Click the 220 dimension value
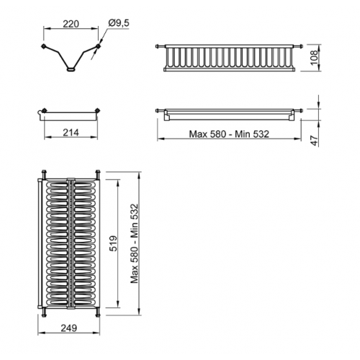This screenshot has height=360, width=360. pos(71,24)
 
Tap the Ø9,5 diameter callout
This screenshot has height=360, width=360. pos(119,23)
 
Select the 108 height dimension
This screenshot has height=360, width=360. pos(314,58)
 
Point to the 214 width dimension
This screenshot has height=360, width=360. pos(71,132)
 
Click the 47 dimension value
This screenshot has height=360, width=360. pos(315,140)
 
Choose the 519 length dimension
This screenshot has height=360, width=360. pos(113,243)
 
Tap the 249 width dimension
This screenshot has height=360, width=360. pos(69,328)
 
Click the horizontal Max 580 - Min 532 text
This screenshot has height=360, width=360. pos(229,134)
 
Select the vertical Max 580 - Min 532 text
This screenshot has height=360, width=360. pos(135,243)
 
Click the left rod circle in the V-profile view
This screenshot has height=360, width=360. pos(43,46)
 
